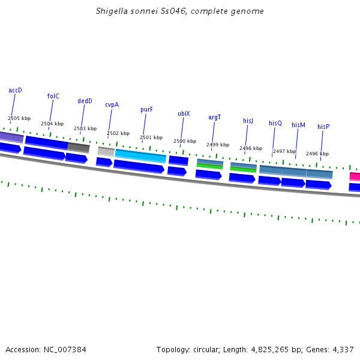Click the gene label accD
click(x=15, y=90)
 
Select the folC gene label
click(x=53, y=96)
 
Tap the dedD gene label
click(x=85, y=101)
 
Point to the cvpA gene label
click(x=112, y=104)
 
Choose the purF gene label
click(x=146, y=110)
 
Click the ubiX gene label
click(x=184, y=113)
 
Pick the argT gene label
click(x=214, y=117)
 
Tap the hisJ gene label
click(x=248, y=121)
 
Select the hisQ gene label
click(x=275, y=123)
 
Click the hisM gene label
click(x=298, y=125)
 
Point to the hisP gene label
click(x=323, y=127)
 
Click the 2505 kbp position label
click(x=19, y=119)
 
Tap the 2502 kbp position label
click(x=118, y=133)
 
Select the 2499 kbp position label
click(x=217, y=145)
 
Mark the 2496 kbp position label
click(x=317, y=154)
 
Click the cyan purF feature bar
click(x=140, y=156)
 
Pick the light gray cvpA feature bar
click(x=106, y=151)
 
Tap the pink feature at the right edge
click(x=355, y=176)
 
